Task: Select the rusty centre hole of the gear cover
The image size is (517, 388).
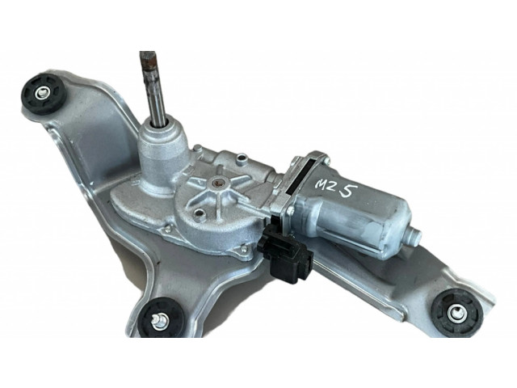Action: click(217, 181)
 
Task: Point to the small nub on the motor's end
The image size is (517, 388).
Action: click(415, 234)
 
